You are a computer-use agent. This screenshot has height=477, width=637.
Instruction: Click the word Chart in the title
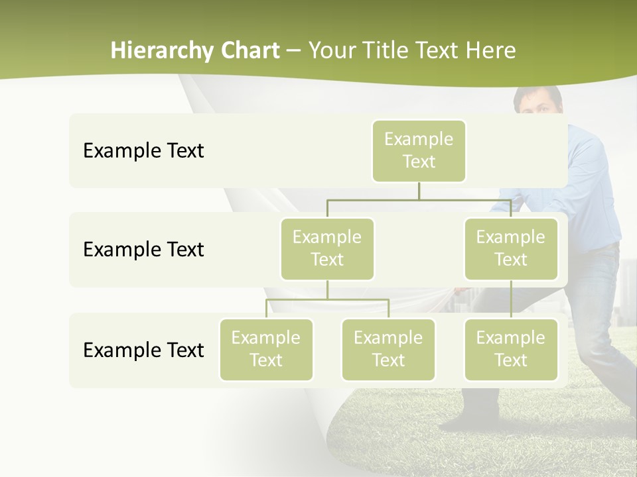click(249, 51)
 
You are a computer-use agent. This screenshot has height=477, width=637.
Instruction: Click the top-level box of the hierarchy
click(419, 150)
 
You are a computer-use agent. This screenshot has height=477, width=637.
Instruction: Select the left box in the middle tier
click(327, 248)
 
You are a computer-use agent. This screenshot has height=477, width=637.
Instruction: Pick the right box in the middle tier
click(511, 248)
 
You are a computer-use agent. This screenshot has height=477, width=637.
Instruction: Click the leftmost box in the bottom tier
click(266, 349)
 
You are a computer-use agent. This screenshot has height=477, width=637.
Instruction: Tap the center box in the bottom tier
click(388, 349)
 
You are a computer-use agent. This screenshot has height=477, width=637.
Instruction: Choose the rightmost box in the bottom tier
click(511, 349)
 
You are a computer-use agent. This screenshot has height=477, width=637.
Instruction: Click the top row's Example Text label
click(143, 151)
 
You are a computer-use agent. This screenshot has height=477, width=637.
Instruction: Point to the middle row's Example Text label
click(143, 250)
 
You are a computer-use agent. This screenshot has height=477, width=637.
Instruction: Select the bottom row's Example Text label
click(143, 350)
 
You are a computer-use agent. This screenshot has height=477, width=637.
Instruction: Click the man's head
click(538, 99)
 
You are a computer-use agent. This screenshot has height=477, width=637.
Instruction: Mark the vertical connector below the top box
click(419, 191)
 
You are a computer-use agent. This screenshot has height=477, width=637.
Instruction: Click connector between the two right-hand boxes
click(511, 299)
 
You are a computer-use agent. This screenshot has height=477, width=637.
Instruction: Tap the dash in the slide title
click(293, 51)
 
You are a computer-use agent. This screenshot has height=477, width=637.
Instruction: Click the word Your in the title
click(330, 51)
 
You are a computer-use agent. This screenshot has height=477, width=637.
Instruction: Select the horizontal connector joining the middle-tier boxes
click(419, 199)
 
